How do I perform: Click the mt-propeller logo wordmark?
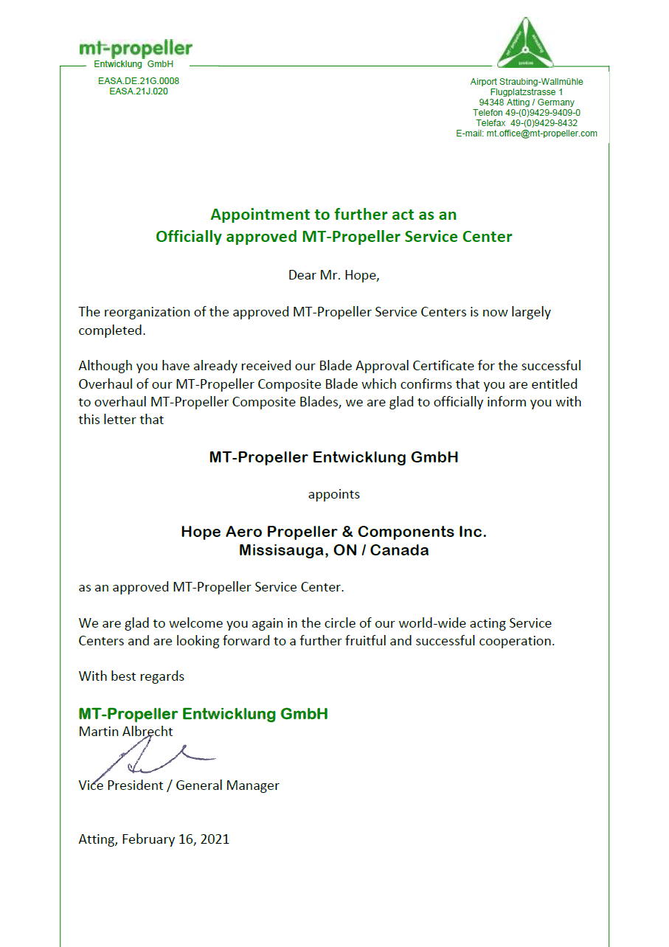coord(136,49)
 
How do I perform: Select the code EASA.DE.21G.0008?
coord(139,81)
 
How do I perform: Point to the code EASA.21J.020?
coord(139,91)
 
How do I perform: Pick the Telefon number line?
coord(527,113)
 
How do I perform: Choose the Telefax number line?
coord(527,123)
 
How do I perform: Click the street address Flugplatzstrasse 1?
coord(527,92)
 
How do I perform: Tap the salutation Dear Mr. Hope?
coord(333,276)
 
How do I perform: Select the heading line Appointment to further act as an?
coord(333,215)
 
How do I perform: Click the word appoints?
coord(333,494)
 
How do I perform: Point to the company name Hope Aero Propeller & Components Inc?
coord(333,532)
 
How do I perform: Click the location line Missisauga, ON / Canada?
coord(333,550)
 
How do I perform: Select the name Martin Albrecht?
coord(126,732)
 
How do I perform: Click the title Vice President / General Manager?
coord(179,785)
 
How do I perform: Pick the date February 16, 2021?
coord(176,839)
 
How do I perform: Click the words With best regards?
coord(131,676)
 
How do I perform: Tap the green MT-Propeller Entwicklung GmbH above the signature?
coord(203,714)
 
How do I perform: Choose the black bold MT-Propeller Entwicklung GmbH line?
coord(333,457)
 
